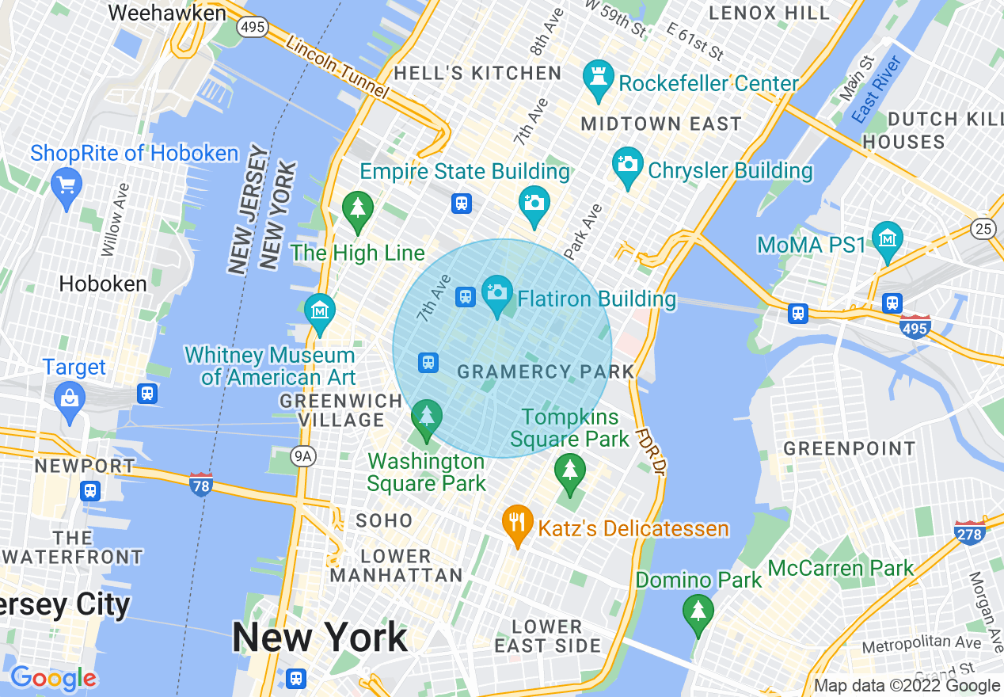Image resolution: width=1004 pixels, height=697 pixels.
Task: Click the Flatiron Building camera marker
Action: click(497, 293)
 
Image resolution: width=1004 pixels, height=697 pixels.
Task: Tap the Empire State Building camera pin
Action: click(534, 203)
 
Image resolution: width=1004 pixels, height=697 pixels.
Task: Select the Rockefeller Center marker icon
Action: click(599, 78)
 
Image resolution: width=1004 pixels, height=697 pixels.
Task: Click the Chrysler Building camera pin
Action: click(628, 165)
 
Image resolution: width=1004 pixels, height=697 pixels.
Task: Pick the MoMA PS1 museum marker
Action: click(887, 238)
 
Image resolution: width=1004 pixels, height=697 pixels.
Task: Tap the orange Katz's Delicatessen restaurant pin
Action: click(517, 523)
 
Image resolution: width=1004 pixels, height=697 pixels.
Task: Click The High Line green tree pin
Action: click(358, 209)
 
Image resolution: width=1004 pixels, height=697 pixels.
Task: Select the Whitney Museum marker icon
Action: click(320, 311)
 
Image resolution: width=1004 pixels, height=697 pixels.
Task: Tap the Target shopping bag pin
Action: click(70, 399)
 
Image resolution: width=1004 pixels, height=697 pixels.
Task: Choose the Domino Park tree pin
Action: click(698, 611)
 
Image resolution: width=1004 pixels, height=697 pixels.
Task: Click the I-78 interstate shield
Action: click(201, 484)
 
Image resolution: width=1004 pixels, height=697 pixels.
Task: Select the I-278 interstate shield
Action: click(969, 533)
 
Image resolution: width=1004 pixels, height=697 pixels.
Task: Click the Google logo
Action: click(53, 679)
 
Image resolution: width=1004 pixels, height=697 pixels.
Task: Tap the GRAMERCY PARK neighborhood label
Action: click(546, 371)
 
